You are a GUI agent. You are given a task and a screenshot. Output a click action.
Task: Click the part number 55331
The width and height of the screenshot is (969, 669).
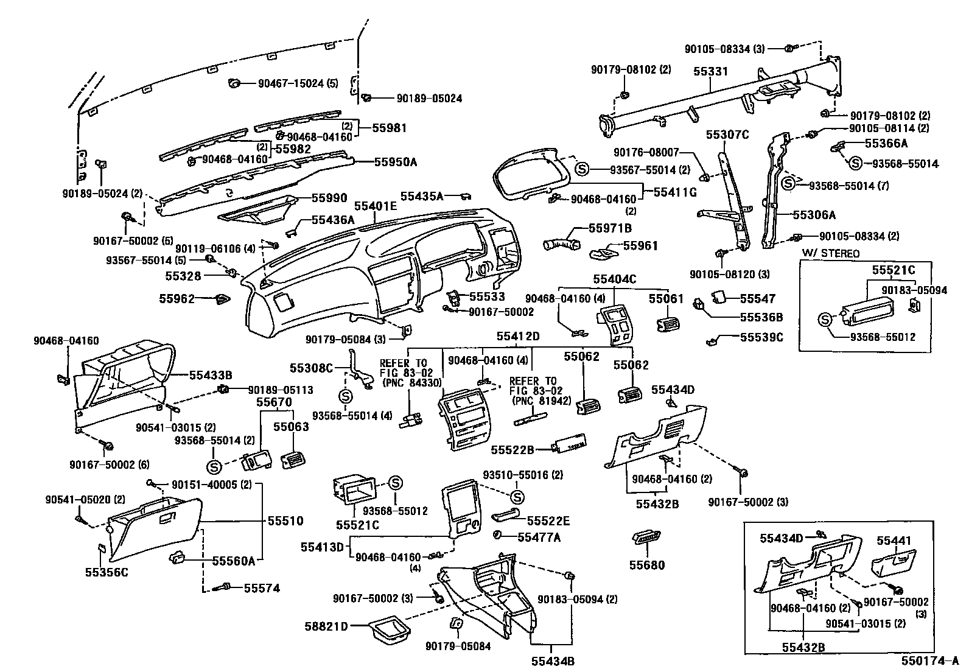click(710, 71)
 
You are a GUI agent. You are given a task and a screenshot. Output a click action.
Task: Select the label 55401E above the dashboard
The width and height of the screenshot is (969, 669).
click(376, 206)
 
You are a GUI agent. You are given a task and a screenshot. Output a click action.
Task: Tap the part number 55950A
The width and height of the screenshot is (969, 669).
click(396, 162)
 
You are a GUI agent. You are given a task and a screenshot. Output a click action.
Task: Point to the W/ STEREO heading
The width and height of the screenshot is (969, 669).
click(831, 253)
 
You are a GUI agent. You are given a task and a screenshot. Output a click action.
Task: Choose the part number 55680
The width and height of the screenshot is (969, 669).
click(647, 565)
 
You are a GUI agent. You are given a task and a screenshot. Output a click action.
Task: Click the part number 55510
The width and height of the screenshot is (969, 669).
click(285, 521)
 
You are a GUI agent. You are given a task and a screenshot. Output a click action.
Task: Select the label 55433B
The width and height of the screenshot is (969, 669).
click(211, 376)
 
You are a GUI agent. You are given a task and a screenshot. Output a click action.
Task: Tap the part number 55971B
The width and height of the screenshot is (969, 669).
click(610, 228)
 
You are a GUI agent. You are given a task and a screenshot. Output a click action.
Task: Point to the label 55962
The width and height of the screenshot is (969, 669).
click(177, 299)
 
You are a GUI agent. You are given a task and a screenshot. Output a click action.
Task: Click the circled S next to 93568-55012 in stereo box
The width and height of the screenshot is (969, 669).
click(824, 318)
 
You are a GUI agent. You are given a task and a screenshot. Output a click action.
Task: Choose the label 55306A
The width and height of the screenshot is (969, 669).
click(814, 215)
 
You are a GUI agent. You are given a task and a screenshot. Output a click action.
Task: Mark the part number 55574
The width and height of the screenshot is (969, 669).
click(262, 588)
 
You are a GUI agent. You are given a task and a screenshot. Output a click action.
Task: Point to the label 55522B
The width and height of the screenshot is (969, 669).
click(512, 449)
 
